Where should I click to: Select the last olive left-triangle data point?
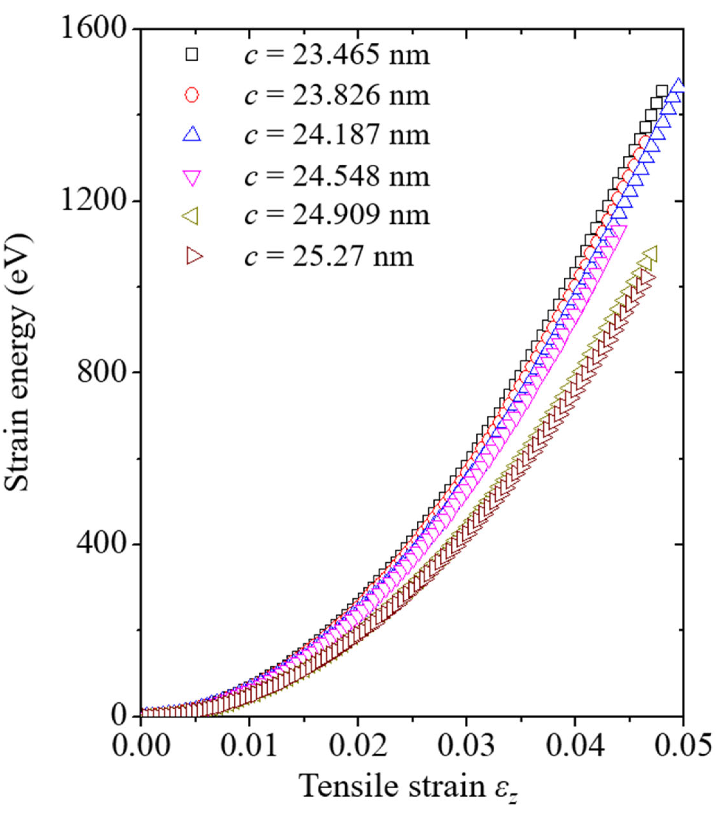(x=649, y=253)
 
